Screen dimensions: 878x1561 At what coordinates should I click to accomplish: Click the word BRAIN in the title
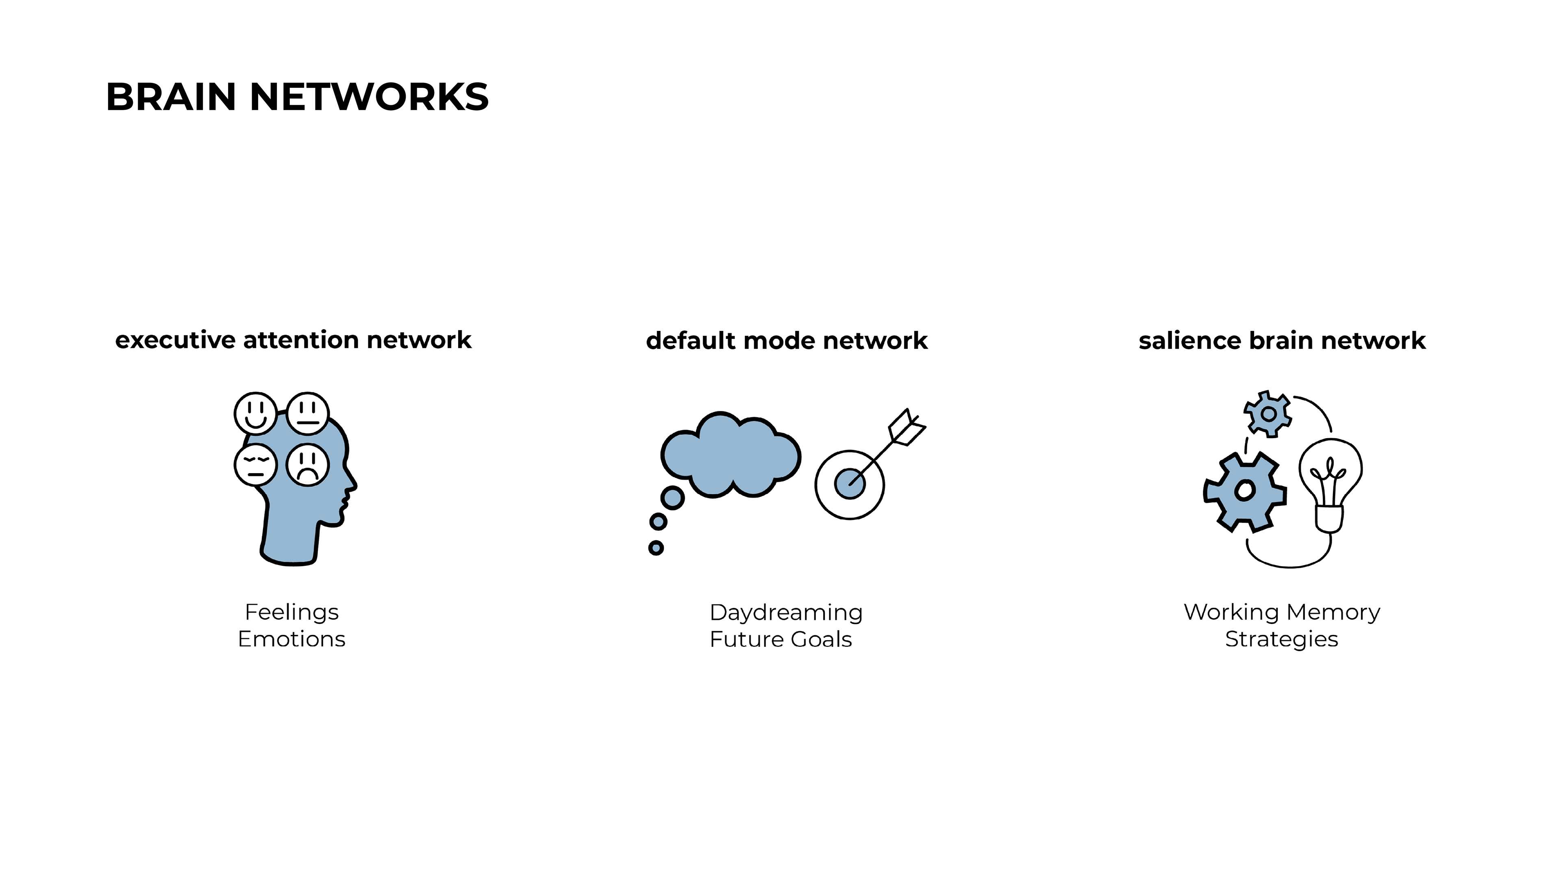[x=171, y=97]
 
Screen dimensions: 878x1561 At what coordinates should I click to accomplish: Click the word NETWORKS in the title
[x=368, y=97]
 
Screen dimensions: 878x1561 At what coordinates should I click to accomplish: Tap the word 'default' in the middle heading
[x=690, y=341]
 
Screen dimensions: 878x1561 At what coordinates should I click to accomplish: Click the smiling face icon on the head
[x=255, y=413]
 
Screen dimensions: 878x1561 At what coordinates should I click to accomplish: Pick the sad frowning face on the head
[x=308, y=465]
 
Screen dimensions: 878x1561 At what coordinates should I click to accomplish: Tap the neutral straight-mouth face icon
[x=308, y=413]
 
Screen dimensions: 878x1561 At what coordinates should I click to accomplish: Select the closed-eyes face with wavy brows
[x=255, y=465]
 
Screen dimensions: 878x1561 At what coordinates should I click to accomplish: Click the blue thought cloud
[x=730, y=454]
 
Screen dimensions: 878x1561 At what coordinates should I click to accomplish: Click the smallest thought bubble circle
[x=656, y=548]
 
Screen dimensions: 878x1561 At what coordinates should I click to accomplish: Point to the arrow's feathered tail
[x=907, y=426]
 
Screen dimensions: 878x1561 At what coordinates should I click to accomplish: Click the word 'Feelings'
[x=291, y=612]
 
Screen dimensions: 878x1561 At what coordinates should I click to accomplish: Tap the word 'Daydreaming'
[x=786, y=613]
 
